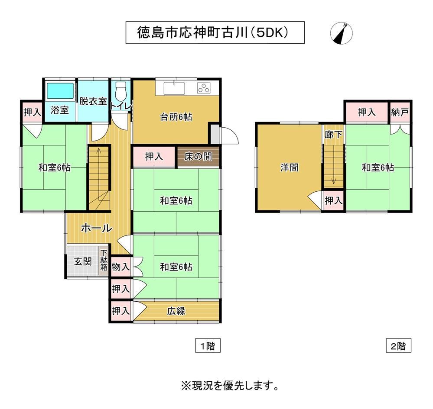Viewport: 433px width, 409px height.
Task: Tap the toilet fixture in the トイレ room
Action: click(x=120, y=91)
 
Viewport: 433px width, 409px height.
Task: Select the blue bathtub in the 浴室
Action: click(x=60, y=91)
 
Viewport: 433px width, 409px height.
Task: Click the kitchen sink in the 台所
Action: click(x=175, y=88)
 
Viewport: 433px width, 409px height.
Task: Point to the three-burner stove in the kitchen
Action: click(x=204, y=88)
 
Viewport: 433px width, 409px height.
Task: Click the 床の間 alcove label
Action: click(x=198, y=157)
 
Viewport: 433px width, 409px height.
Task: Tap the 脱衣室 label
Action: click(x=93, y=101)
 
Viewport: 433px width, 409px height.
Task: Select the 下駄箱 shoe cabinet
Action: click(x=104, y=261)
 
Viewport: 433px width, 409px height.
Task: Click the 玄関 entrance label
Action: click(x=83, y=261)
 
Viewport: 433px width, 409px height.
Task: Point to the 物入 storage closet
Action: click(x=120, y=267)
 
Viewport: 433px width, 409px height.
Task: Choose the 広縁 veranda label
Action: click(x=176, y=311)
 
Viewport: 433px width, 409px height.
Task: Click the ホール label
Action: click(x=96, y=228)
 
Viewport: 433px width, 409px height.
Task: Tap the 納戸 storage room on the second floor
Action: click(x=400, y=112)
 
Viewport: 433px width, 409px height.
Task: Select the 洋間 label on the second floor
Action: click(x=290, y=167)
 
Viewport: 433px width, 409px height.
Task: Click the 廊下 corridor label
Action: click(x=334, y=135)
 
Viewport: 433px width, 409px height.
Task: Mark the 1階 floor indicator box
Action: click(x=208, y=345)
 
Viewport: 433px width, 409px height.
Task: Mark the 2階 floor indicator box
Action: click(x=398, y=345)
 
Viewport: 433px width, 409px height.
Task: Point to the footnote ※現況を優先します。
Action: click(x=230, y=386)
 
